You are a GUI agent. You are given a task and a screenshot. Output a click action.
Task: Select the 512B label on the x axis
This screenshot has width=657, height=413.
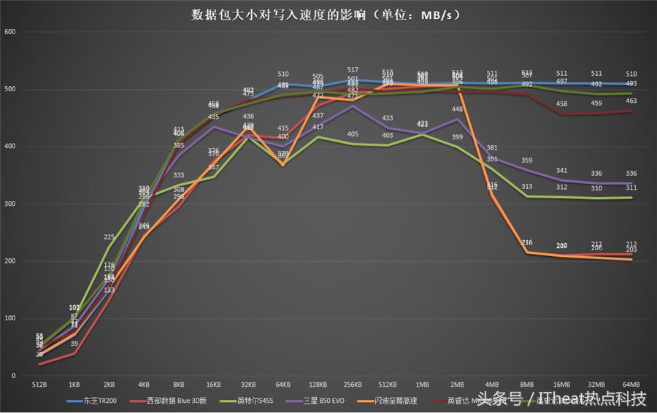[x=39, y=384]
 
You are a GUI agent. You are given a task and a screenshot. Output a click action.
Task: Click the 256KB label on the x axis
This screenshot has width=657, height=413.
[x=353, y=384]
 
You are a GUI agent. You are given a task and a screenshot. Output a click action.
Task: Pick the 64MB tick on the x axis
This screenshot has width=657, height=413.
[x=631, y=384]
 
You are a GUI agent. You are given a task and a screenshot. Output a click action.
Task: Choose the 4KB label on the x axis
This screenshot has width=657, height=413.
[x=144, y=384]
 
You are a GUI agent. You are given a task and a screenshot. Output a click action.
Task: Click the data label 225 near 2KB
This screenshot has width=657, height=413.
[x=109, y=237]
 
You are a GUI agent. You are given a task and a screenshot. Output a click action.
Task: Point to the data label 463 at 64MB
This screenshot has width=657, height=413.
[x=631, y=101]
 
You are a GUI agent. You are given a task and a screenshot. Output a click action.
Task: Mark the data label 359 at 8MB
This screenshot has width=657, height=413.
[x=527, y=161]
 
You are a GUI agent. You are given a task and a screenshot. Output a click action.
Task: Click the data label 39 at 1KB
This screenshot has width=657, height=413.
[x=74, y=344]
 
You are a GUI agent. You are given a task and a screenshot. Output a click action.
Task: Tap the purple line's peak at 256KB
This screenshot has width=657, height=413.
[x=353, y=107]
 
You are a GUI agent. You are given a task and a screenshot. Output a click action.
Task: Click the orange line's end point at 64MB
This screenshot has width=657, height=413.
[x=631, y=259]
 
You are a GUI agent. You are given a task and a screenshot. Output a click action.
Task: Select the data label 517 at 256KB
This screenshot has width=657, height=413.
[x=353, y=70]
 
